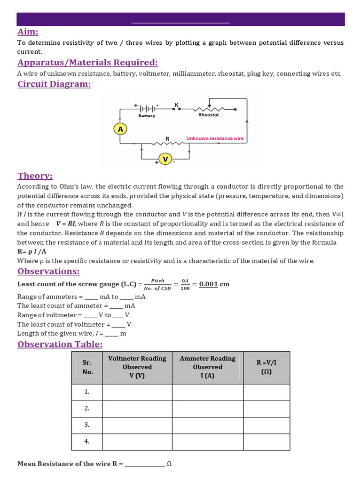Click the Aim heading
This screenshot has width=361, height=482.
pyautogui.click(x=28, y=32)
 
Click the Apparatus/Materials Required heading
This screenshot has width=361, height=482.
pyautogui.click(x=87, y=63)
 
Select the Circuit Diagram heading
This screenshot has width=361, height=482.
pyautogui.click(x=54, y=84)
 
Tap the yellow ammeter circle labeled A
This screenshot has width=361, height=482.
pyautogui.click(x=120, y=129)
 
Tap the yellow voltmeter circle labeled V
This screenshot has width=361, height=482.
pyautogui.click(x=165, y=159)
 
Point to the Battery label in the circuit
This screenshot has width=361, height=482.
pyautogui.click(x=147, y=115)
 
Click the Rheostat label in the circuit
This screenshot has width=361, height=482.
pyautogui.click(x=208, y=114)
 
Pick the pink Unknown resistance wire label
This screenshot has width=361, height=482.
pyautogui.click(x=215, y=138)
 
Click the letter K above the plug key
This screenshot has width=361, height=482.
pyautogui.click(x=177, y=104)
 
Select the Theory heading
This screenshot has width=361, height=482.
pyautogui.click(x=35, y=176)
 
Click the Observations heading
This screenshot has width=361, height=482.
pyautogui.click(x=48, y=271)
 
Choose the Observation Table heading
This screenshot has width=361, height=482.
pyautogui.click(x=60, y=344)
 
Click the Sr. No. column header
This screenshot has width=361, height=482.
pyautogui.click(x=87, y=367)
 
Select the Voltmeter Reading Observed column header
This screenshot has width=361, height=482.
pyautogui.click(x=137, y=367)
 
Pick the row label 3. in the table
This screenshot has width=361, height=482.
pyautogui.click(x=87, y=425)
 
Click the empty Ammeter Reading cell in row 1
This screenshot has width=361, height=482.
pyautogui.click(x=207, y=392)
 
